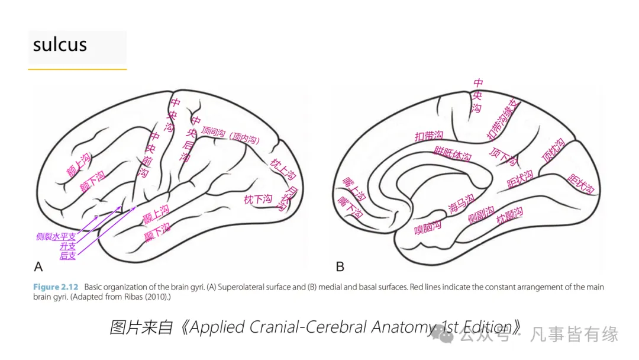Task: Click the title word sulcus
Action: point(60,45)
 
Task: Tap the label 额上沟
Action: point(78,165)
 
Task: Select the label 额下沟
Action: point(92,181)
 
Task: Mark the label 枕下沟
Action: point(258,200)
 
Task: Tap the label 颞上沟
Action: point(156,214)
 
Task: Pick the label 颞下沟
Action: point(157,233)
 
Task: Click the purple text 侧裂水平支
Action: point(56,237)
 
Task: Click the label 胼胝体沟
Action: point(453,154)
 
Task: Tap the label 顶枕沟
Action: point(553,152)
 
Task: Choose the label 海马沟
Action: point(461,204)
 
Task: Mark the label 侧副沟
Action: point(481,217)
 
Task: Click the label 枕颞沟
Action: point(510,216)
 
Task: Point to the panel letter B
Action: point(340,266)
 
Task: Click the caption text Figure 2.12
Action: point(55,287)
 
